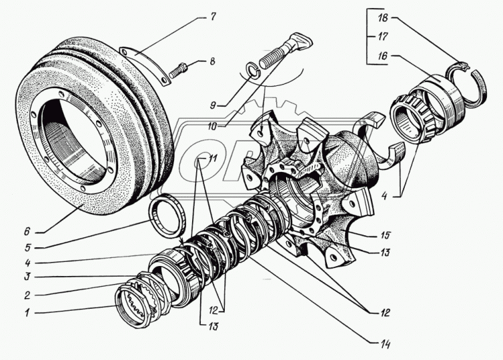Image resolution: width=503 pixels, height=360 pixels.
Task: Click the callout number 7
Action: (x=213, y=16)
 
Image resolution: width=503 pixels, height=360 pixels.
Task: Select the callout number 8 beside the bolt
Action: (x=212, y=61)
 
